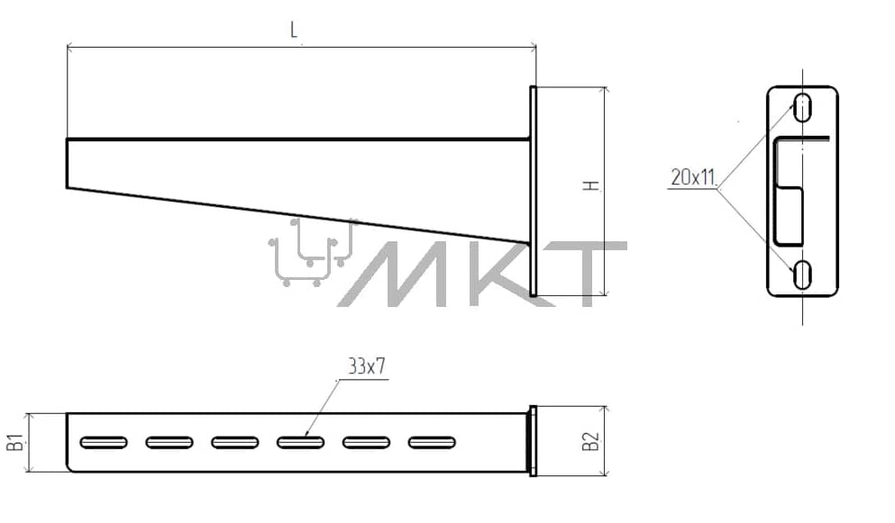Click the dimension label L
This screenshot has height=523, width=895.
294,30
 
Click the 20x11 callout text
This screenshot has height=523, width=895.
693,178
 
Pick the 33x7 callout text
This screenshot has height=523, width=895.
367,366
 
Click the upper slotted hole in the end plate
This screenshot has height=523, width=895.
802,106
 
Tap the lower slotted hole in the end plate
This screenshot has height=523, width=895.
802,275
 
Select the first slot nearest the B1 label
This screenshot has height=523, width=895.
104,442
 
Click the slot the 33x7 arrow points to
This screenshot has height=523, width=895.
300,442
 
